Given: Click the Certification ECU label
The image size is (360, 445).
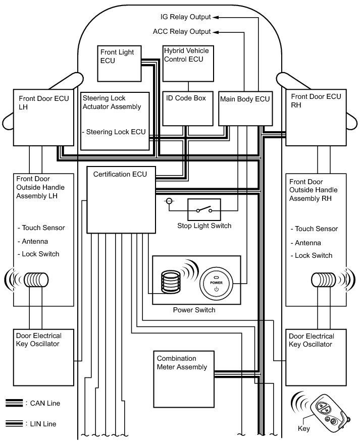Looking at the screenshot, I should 120,175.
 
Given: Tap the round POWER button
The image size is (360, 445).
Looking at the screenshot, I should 216,284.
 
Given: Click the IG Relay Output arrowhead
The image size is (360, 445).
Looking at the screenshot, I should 215,17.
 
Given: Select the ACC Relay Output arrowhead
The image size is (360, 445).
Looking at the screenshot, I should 215,32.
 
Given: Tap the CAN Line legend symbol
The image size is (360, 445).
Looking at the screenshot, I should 14,403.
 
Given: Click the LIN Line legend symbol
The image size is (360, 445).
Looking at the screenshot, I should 14,423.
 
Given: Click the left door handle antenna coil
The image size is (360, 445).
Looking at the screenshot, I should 36,279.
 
